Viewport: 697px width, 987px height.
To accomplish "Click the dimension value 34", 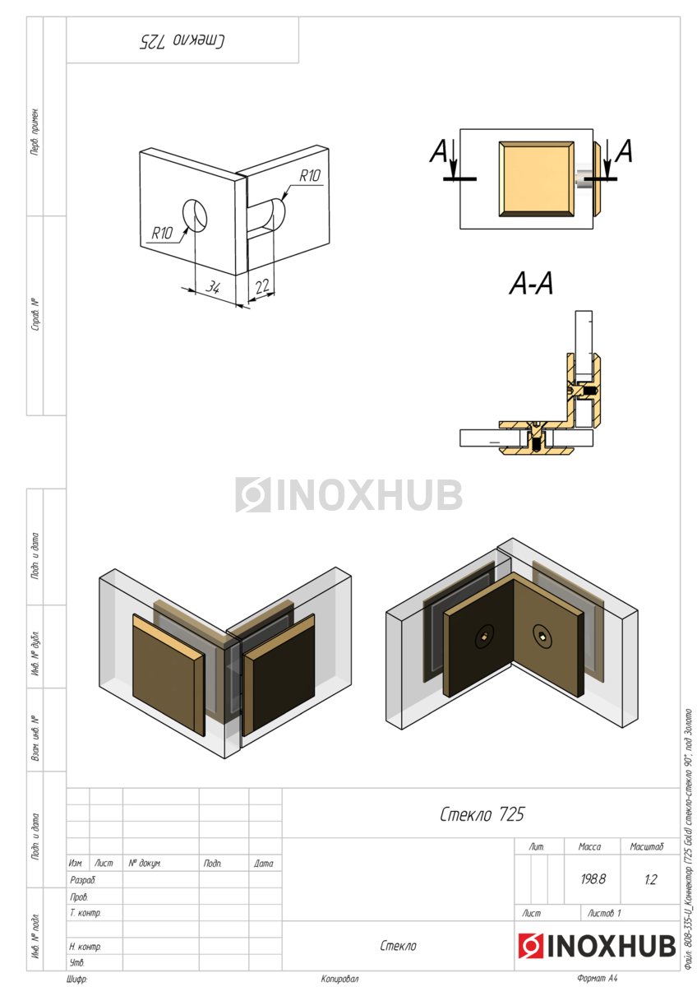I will click(213, 287).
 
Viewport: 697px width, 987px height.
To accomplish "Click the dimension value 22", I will click(262, 285).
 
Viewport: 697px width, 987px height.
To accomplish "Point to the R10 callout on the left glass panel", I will click(162, 233).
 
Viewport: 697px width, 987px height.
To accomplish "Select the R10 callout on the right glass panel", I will click(310, 175).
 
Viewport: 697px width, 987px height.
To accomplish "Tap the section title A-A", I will click(531, 284).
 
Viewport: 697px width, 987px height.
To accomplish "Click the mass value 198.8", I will click(593, 878).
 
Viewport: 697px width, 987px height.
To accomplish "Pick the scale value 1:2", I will click(650, 878).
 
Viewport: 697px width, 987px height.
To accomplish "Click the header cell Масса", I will click(589, 846).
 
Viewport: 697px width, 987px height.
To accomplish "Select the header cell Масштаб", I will click(646, 846).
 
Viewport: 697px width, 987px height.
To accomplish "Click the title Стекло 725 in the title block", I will click(481, 814).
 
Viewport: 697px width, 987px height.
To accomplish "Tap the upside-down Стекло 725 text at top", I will click(182, 39).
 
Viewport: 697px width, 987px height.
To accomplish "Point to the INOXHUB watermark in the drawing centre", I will click(348, 495).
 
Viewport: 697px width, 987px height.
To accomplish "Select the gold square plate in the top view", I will click(536, 178).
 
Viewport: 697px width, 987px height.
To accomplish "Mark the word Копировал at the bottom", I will click(339, 979).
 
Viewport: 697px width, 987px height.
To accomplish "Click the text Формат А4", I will click(597, 979).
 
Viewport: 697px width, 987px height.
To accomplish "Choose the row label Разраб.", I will click(83, 879).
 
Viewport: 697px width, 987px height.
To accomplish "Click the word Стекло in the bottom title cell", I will click(399, 946).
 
